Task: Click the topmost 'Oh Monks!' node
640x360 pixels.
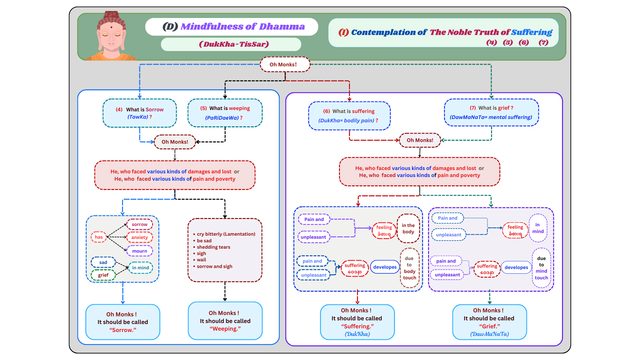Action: (285, 64)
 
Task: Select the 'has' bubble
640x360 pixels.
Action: (99, 237)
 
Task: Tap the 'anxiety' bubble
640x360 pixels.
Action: (140, 237)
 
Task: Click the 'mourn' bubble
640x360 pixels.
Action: (140, 251)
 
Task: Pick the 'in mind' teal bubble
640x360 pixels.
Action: (141, 268)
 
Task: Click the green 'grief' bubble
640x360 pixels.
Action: (103, 275)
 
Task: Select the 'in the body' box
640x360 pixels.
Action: (408, 229)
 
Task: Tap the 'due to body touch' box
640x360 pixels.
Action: (409, 268)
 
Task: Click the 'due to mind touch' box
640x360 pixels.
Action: (541, 268)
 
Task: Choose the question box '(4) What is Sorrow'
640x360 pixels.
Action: (140, 113)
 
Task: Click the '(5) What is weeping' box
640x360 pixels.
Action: (225, 113)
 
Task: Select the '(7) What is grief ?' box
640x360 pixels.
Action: (491, 113)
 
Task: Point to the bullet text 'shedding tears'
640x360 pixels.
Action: (213, 247)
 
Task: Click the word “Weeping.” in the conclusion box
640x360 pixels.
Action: (225, 329)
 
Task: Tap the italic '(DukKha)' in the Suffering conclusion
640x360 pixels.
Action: (357, 334)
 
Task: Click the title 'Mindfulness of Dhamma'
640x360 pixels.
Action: (242, 27)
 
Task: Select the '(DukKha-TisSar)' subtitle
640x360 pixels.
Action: (234, 44)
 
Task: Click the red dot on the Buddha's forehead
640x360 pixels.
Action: (111, 27)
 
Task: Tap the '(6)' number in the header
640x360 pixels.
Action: (524, 42)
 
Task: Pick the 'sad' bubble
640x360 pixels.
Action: (103, 262)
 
